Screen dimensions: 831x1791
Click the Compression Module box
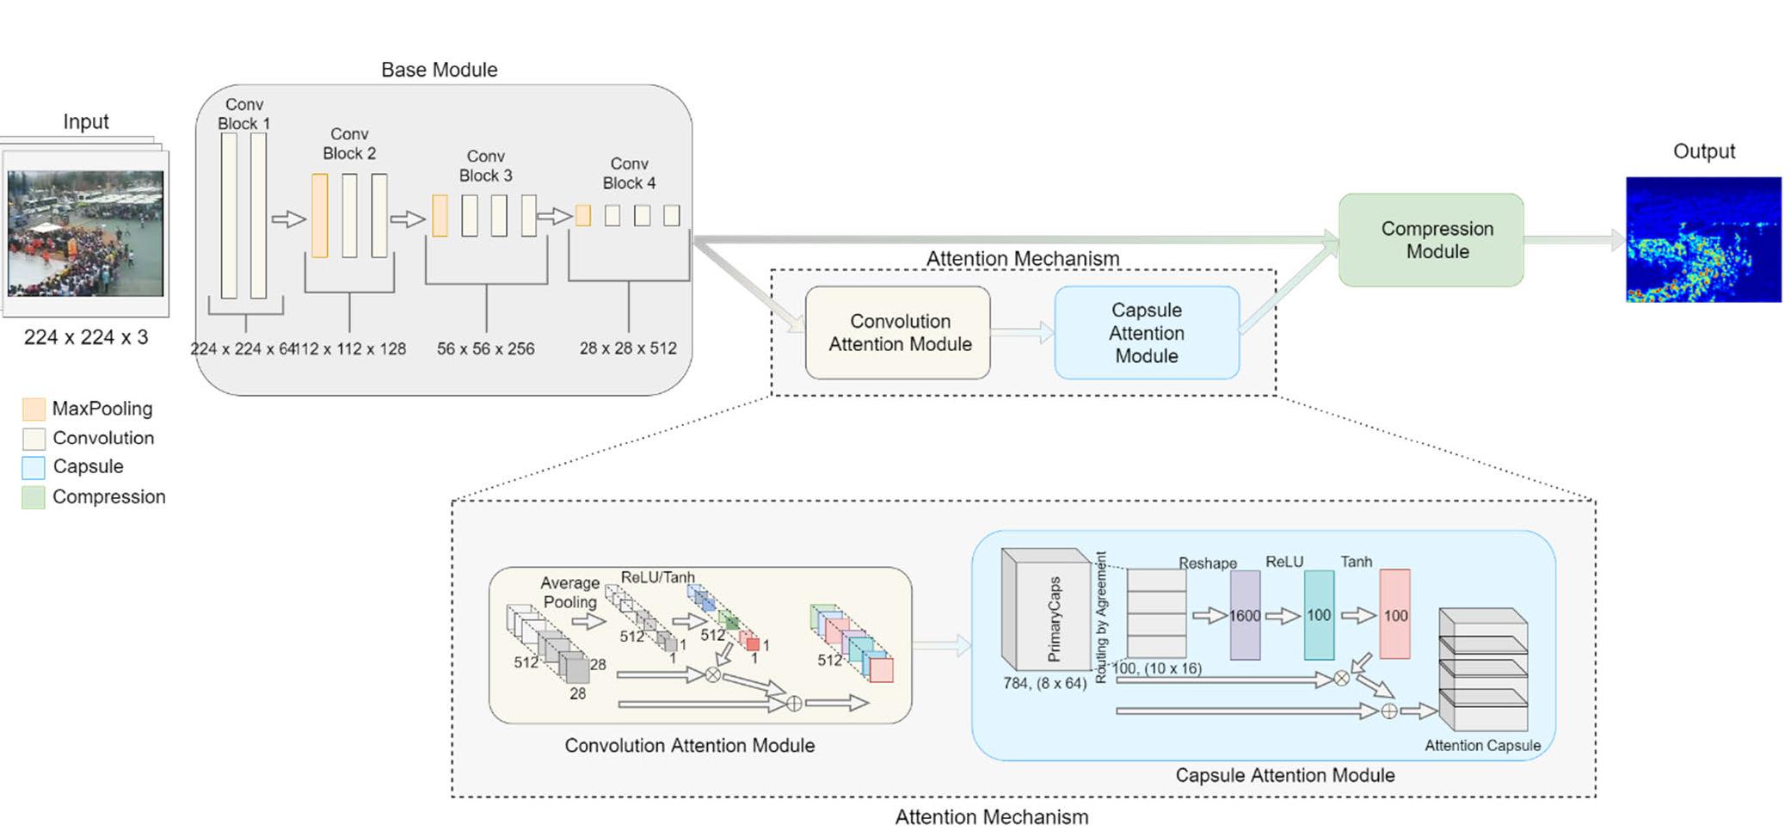(1431, 240)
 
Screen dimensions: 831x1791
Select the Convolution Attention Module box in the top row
(897, 333)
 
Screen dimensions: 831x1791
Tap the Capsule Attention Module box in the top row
(1146, 333)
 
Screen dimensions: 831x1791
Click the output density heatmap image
(1702, 239)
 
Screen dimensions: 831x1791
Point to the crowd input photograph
(85, 233)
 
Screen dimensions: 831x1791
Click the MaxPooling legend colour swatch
(34, 409)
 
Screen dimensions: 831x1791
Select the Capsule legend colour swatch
(34, 467)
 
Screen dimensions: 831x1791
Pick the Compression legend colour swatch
(34, 497)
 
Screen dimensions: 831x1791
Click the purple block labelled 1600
(1244, 616)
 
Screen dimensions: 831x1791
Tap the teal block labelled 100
(1318, 616)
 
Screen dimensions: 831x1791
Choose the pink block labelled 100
(1394, 616)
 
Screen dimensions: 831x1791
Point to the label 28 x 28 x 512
(628, 348)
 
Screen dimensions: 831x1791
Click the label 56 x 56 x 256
(485, 349)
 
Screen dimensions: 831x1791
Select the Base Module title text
(439, 70)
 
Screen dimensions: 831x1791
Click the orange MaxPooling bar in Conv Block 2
(319, 215)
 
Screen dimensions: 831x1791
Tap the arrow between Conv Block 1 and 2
(289, 219)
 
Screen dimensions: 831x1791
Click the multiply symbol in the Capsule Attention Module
(1341, 679)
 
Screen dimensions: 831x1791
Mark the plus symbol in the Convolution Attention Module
(795, 704)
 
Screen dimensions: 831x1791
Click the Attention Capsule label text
(1482, 746)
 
